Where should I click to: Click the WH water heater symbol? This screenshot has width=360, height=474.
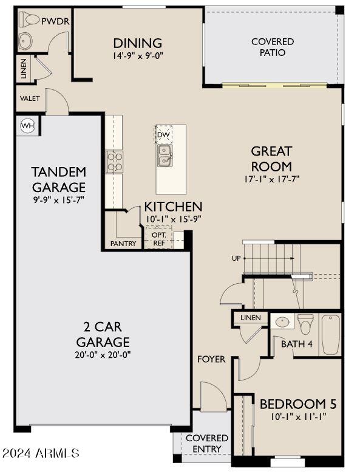pos(27,126)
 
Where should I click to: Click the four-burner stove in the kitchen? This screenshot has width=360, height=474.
pos(114,162)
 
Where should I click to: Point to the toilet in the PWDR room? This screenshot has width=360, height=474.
pos(27,20)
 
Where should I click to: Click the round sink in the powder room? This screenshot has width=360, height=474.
pos(25,41)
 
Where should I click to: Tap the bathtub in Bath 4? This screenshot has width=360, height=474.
pos(330,334)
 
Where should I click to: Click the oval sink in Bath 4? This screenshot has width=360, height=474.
pos(282,321)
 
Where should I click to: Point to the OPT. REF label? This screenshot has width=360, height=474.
pos(158,238)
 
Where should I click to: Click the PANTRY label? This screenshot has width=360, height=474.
pos(123,244)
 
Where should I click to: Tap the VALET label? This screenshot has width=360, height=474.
pos(30,98)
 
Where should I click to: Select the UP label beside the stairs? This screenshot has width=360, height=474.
pos(236,258)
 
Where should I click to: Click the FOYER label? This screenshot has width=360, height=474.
pos(211,359)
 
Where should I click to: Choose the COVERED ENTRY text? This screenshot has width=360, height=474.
pos(207,443)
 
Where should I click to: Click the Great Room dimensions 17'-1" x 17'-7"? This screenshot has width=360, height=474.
pos(272,179)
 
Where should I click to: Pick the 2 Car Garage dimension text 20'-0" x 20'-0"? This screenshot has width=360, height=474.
pos(102,354)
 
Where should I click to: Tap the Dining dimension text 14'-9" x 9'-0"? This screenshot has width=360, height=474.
pos(138,55)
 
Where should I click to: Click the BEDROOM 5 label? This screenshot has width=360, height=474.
pos(298,404)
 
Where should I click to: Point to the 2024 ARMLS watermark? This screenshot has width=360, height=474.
pos(41,453)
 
